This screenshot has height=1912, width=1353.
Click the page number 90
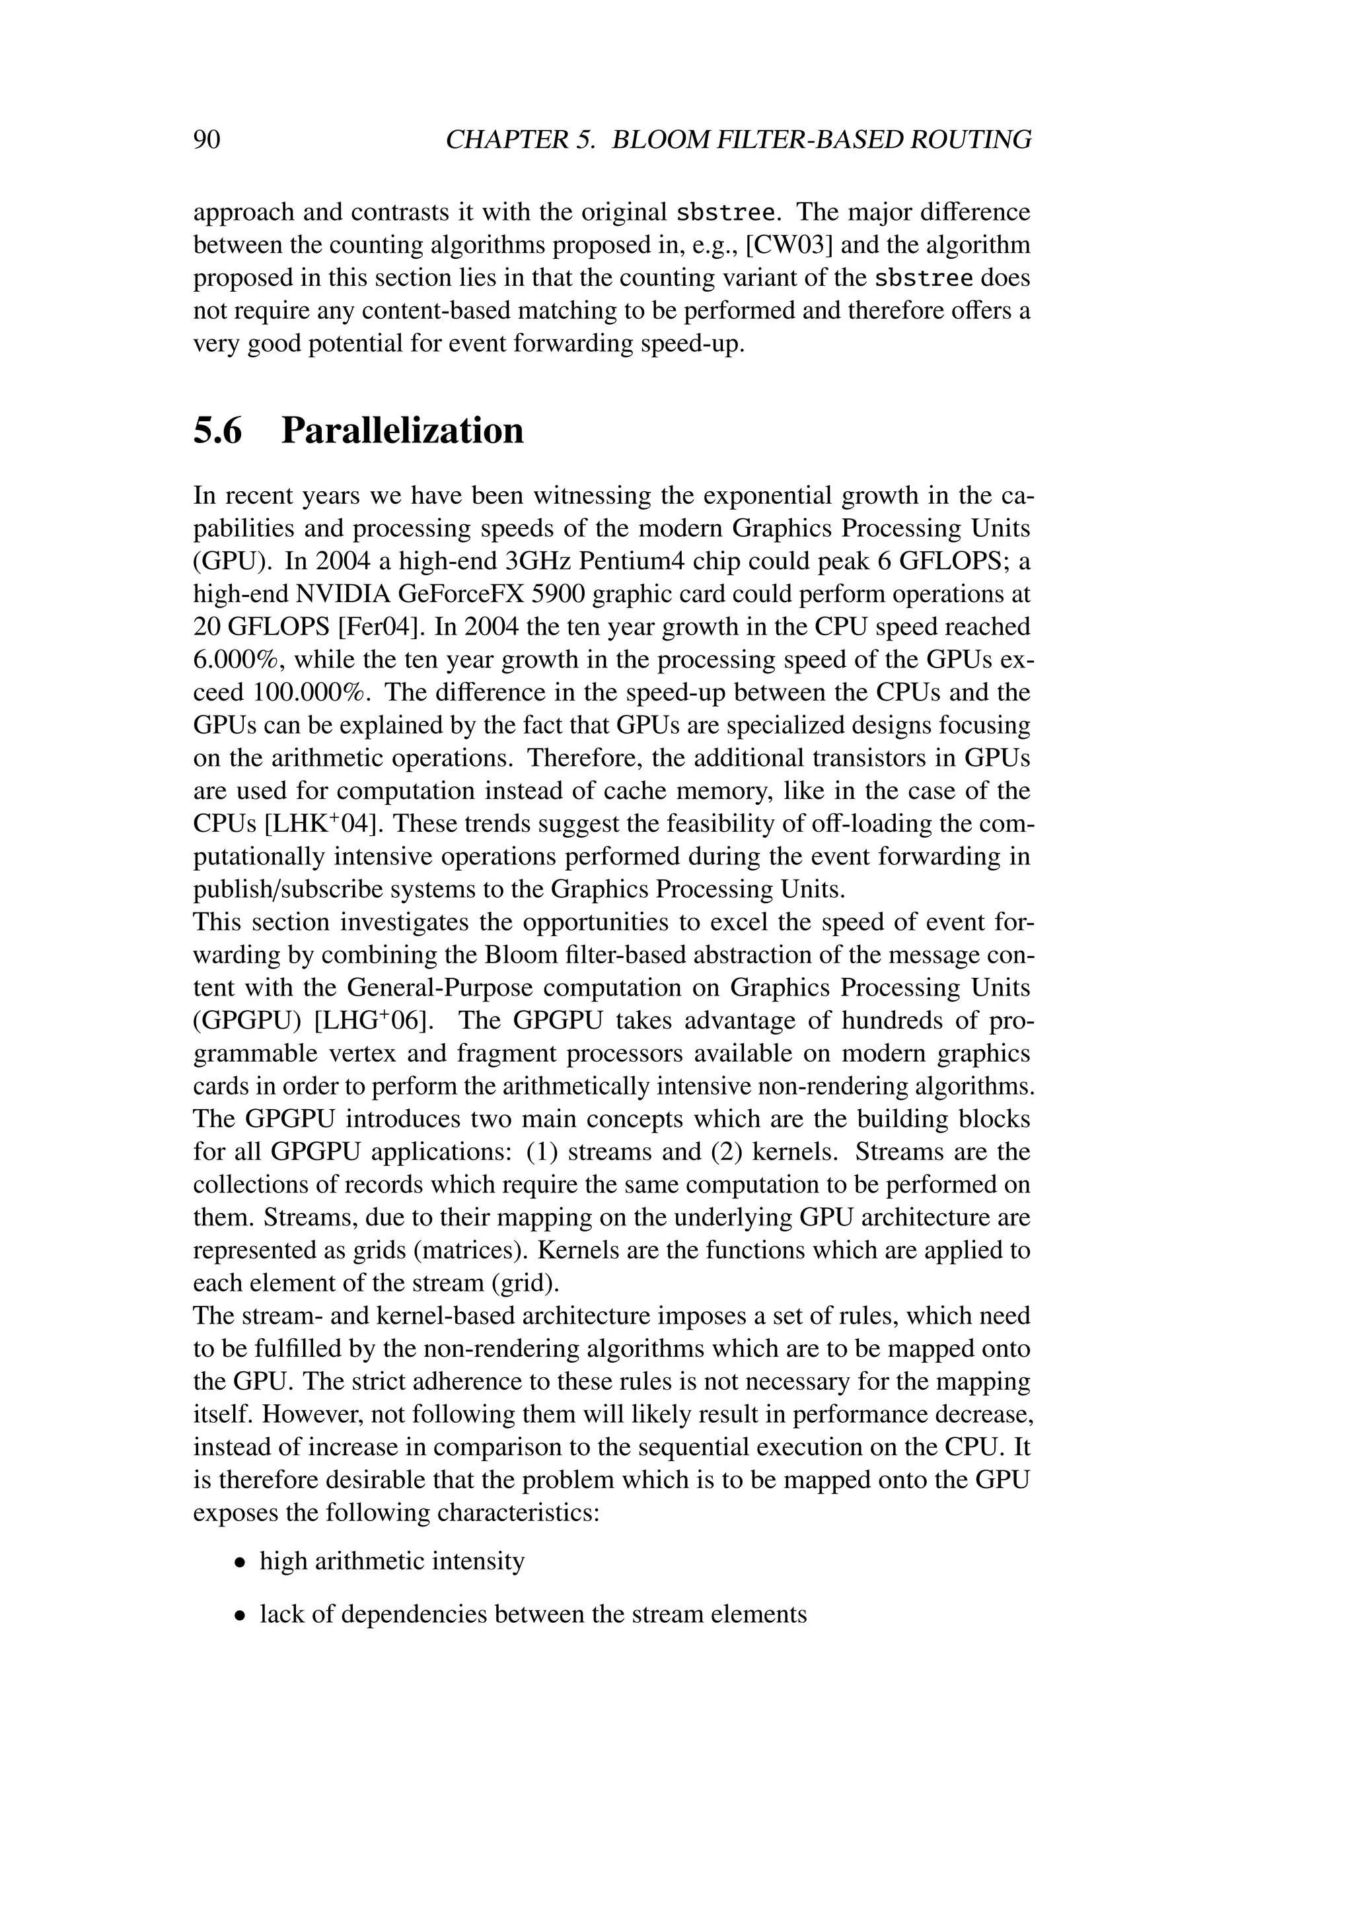point(207,139)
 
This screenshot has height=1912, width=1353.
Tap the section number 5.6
point(217,431)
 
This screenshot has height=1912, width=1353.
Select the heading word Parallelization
point(402,431)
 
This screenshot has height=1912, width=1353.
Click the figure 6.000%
point(236,660)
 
